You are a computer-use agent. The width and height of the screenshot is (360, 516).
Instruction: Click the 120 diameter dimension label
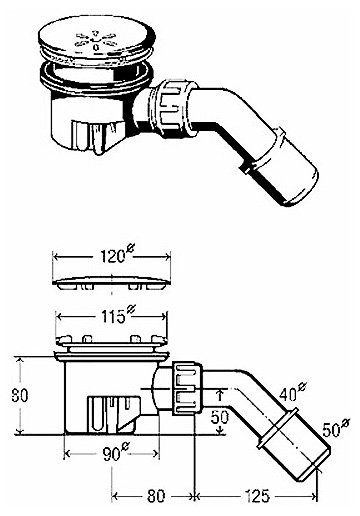coord(117,255)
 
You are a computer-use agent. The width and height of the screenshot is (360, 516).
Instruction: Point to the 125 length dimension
coord(257,496)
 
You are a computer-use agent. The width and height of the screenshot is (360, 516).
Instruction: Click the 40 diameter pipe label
coord(293,392)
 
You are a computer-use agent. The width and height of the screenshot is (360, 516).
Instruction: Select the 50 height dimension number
coord(220,417)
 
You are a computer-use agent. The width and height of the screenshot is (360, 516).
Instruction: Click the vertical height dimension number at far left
coord(20,395)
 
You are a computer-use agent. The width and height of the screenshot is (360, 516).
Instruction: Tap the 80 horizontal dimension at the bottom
coord(155,496)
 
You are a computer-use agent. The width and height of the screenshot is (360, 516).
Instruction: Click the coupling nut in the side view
coord(187,389)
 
